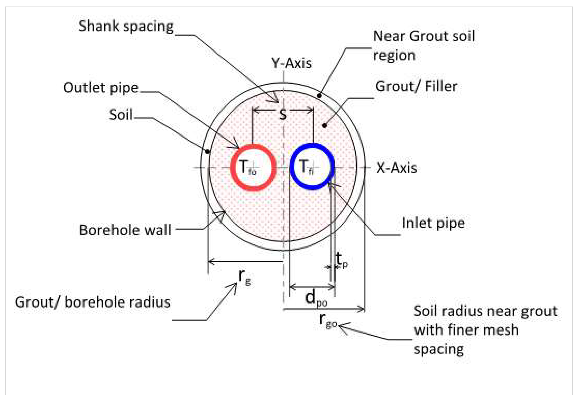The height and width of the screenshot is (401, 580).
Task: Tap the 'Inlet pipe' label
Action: tap(434, 223)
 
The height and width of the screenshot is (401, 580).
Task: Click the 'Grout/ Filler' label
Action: tap(416, 86)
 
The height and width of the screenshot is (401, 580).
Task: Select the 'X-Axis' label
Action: tap(396, 168)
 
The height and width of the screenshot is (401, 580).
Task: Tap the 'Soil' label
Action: tap(121, 115)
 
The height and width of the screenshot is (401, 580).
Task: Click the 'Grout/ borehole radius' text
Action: tap(93, 302)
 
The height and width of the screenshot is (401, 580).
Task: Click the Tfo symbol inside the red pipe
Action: tap(248, 167)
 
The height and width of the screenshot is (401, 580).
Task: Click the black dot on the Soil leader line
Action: tap(207, 152)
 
